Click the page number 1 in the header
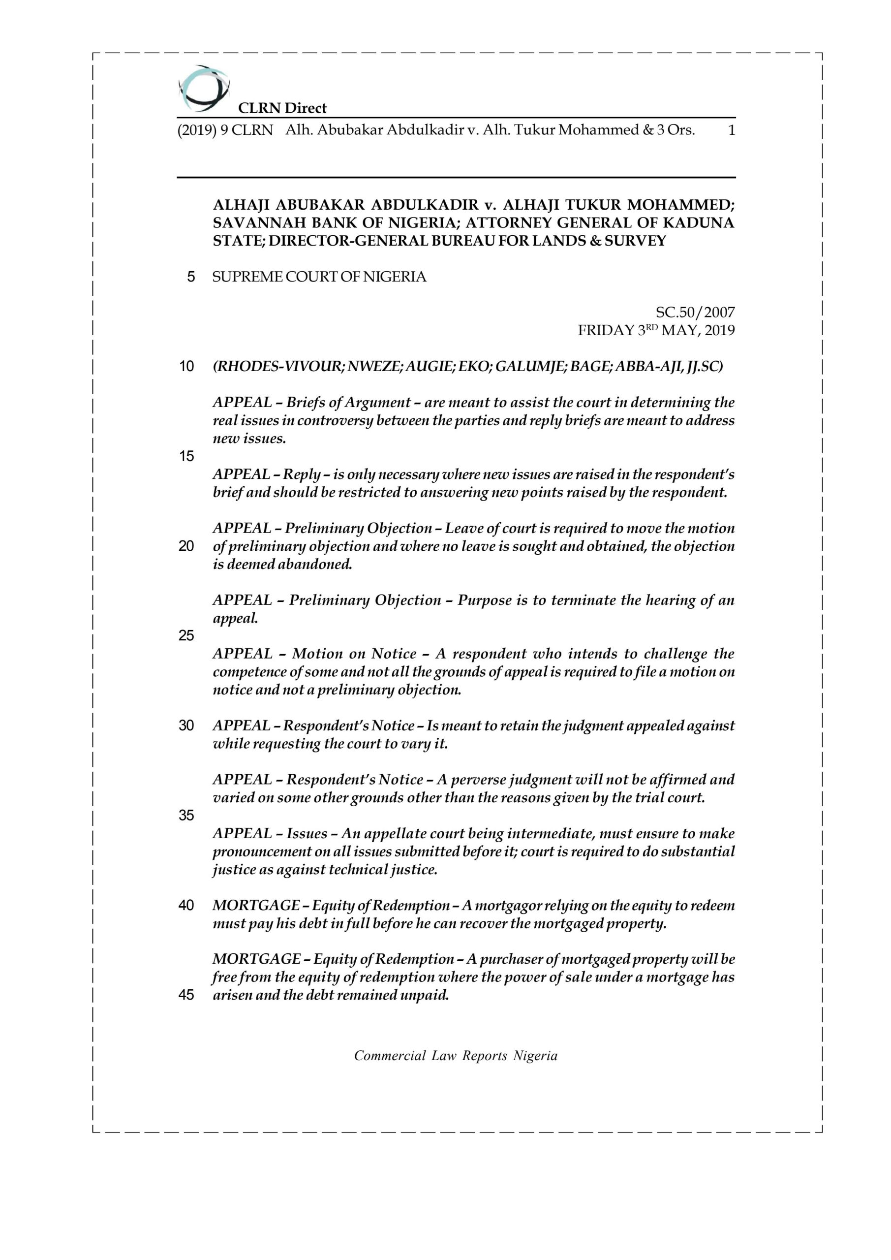click(x=731, y=130)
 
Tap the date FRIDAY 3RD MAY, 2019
click(x=656, y=330)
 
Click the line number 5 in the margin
click(x=191, y=277)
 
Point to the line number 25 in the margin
click(x=186, y=635)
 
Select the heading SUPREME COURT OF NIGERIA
click(x=319, y=277)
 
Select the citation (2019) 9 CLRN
click(x=225, y=130)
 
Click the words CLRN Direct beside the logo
click(x=282, y=108)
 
